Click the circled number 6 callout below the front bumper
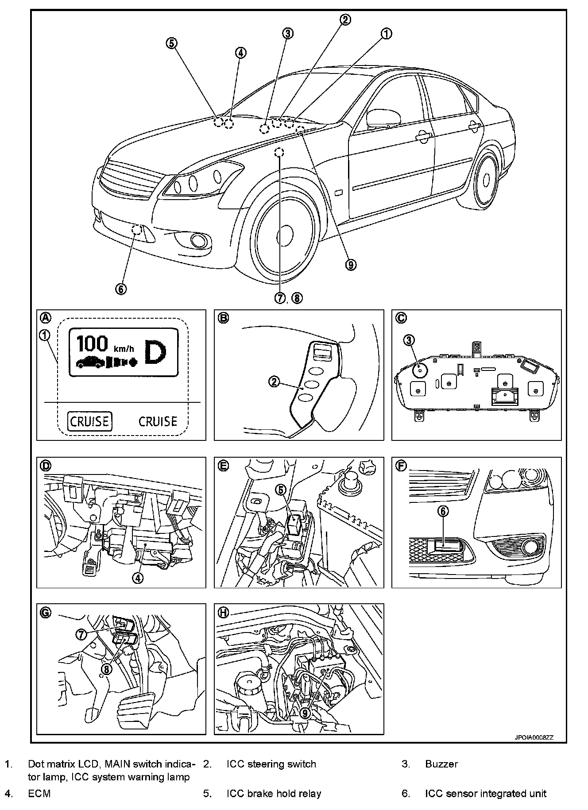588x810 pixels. click(x=121, y=289)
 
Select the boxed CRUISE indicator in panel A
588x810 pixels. click(x=90, y=421)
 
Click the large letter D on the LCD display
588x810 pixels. click(x=155, y=352)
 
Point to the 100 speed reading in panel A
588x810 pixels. click(x=92, y=344)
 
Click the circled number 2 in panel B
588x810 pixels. click(x=275, y=381)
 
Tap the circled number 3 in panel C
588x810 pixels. click(x=409, y=340)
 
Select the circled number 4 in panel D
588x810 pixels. click(x=138, y=578)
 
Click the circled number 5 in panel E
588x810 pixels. click(x=281, y=489)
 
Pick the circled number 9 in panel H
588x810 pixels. click(x=304, y=713)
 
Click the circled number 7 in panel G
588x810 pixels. click(x=81, y=634)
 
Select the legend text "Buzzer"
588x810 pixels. click(x=441, y=764)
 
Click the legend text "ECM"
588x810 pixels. click(x=39, y=794)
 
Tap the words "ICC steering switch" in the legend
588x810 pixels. click(x=271, y=764)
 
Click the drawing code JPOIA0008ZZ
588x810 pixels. click(x=534, y=738)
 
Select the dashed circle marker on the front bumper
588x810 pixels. click(x=138, y=229)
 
